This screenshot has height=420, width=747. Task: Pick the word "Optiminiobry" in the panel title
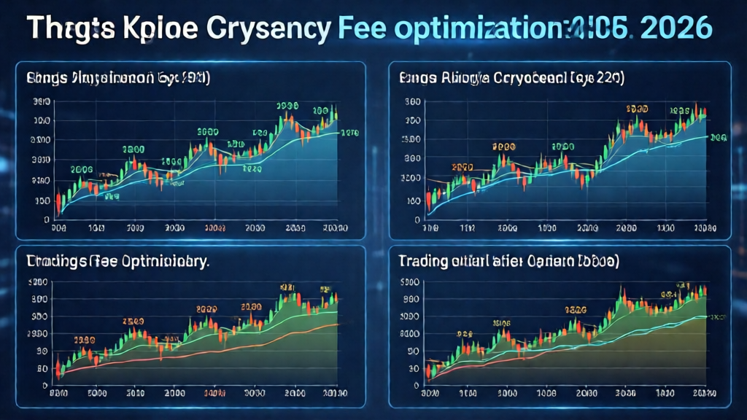[x=164, y=261]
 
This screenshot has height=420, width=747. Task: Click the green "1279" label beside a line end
[x=350, y=133]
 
